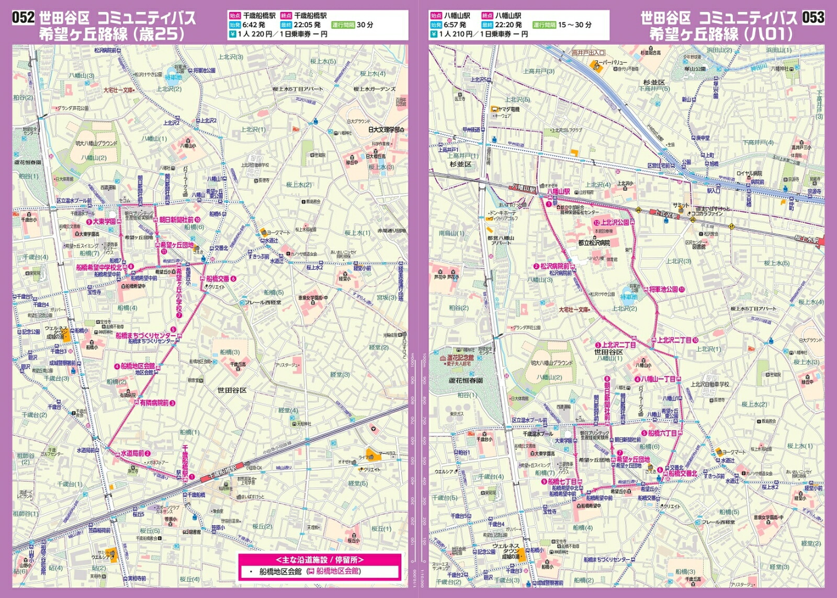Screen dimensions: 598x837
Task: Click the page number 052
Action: pyautogui.click(x=23, y=17)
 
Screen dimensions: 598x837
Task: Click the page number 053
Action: pyautogui.click(x=813, y=17)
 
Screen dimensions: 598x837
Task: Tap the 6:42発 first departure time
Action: pyautogui.click(x=254, y=25)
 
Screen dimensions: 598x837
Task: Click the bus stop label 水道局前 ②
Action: pyautogui.click(x=135, y=453)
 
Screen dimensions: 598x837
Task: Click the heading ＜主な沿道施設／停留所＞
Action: pyautogui.click(x=320, y=560)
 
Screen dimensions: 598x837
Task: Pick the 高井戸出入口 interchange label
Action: pyautogui.click(x=588, y=53)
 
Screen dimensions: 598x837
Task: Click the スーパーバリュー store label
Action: pyautogui.click(x=612, y=62)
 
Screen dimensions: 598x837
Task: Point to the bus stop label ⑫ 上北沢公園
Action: pyautogui.click(x=612, y=222)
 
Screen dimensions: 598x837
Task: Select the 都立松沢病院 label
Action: pyautogui.click(x=594, y=243)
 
